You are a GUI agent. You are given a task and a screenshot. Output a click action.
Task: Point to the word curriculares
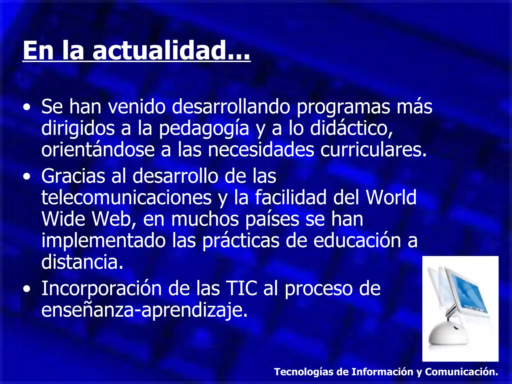pos(373,150)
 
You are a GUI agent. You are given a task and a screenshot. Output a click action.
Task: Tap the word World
pos(391,197)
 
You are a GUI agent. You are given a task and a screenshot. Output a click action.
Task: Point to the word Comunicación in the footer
pos(461,372)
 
